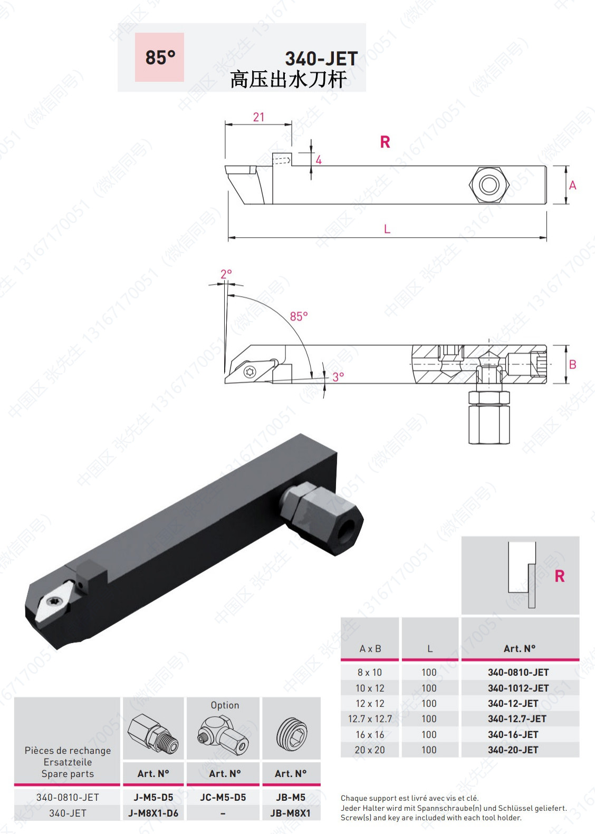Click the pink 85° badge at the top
click(x=159, y=57)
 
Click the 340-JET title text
click(x=322, y=59)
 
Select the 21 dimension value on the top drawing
click(x=258, y=117)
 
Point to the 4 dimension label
click(x=319, y=160)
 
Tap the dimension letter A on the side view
click(x=573, y=186)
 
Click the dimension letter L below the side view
click(x=387, y=229)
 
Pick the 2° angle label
click(x=226, y=275)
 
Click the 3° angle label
click(x=338, y=377)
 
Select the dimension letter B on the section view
click(x=573, y=364)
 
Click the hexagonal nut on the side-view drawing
click(x=489, y=185)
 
